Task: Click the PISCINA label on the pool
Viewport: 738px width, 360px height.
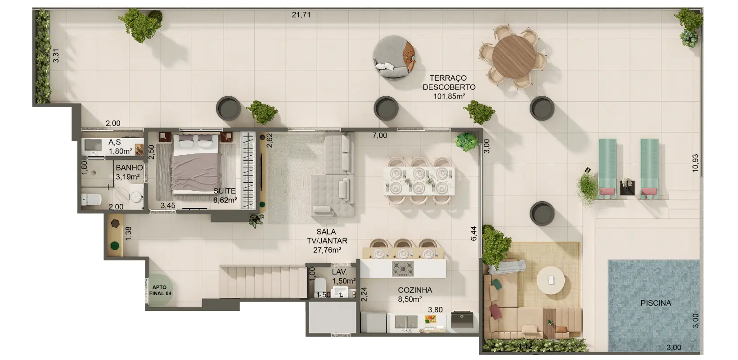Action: coord(656,303)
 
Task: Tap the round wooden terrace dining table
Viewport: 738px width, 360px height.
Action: coord(513,57)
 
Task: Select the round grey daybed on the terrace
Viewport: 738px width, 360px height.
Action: coord(394,57)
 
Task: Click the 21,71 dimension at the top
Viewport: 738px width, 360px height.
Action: coord(301,14)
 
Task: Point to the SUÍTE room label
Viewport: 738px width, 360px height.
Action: coord(225,191)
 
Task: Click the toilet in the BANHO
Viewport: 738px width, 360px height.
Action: coord(91,199)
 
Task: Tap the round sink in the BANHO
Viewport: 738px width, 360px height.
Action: coord(136,197)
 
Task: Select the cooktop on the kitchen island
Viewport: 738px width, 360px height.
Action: coord(403,269)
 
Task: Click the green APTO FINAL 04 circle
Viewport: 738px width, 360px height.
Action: coord(160,290)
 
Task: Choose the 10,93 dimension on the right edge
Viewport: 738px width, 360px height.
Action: coord(695,163)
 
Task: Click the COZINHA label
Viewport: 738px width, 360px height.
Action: coord(415,290)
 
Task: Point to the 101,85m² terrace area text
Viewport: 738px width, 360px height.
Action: coord(449,96)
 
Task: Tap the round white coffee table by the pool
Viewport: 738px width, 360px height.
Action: coord(550,280)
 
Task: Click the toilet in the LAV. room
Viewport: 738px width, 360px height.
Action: coord(320,285)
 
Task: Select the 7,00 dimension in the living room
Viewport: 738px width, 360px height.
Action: coord(379,135)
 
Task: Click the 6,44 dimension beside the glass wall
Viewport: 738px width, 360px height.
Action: coord(473,234)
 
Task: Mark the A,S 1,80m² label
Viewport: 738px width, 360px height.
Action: coord(120,147)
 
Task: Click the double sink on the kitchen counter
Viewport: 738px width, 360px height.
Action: coord(406,321)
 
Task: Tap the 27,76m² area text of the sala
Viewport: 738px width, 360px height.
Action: coord(327,250)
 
